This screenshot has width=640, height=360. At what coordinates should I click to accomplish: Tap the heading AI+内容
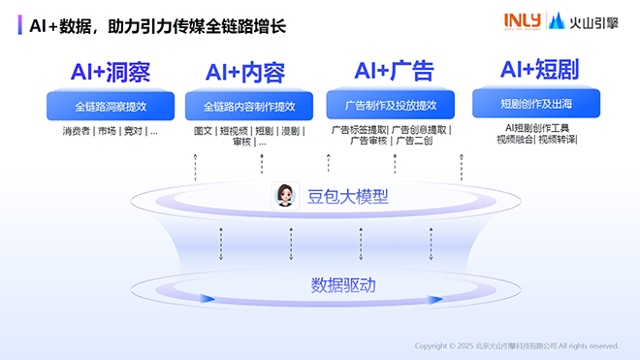tap(244, 73)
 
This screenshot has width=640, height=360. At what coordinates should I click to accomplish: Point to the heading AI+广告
tap(394, 71)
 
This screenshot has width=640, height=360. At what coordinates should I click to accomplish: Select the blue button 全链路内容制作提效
tap(248, 106)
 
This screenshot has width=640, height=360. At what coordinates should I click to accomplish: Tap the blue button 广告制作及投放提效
tap(389, 105)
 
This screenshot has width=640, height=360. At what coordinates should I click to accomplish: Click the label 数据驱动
tap(342, 285)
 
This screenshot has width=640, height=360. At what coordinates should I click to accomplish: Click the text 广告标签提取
tap(359, 129)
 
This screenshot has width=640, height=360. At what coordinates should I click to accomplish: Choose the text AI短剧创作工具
tap(536, 127)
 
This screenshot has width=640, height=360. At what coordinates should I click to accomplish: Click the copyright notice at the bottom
tap(516, 345)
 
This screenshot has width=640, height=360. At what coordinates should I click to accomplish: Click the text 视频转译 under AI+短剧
tap(557, 139)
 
